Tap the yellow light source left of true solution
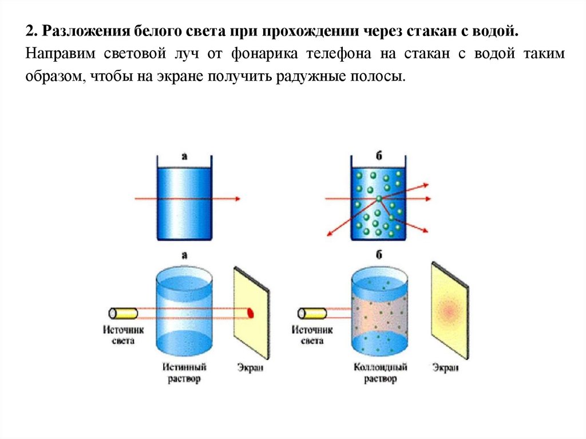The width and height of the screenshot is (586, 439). click(x=124, y=313)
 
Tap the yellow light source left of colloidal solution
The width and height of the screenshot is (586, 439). click(x=312, y=313)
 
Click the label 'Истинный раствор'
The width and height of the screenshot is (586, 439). click(x=184, y=373)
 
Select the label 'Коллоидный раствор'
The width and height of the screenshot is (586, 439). click(x=380, y=373)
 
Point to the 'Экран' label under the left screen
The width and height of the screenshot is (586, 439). click(x=251, y=368)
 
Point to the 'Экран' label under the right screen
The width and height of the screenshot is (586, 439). click(x=445, y=368)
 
